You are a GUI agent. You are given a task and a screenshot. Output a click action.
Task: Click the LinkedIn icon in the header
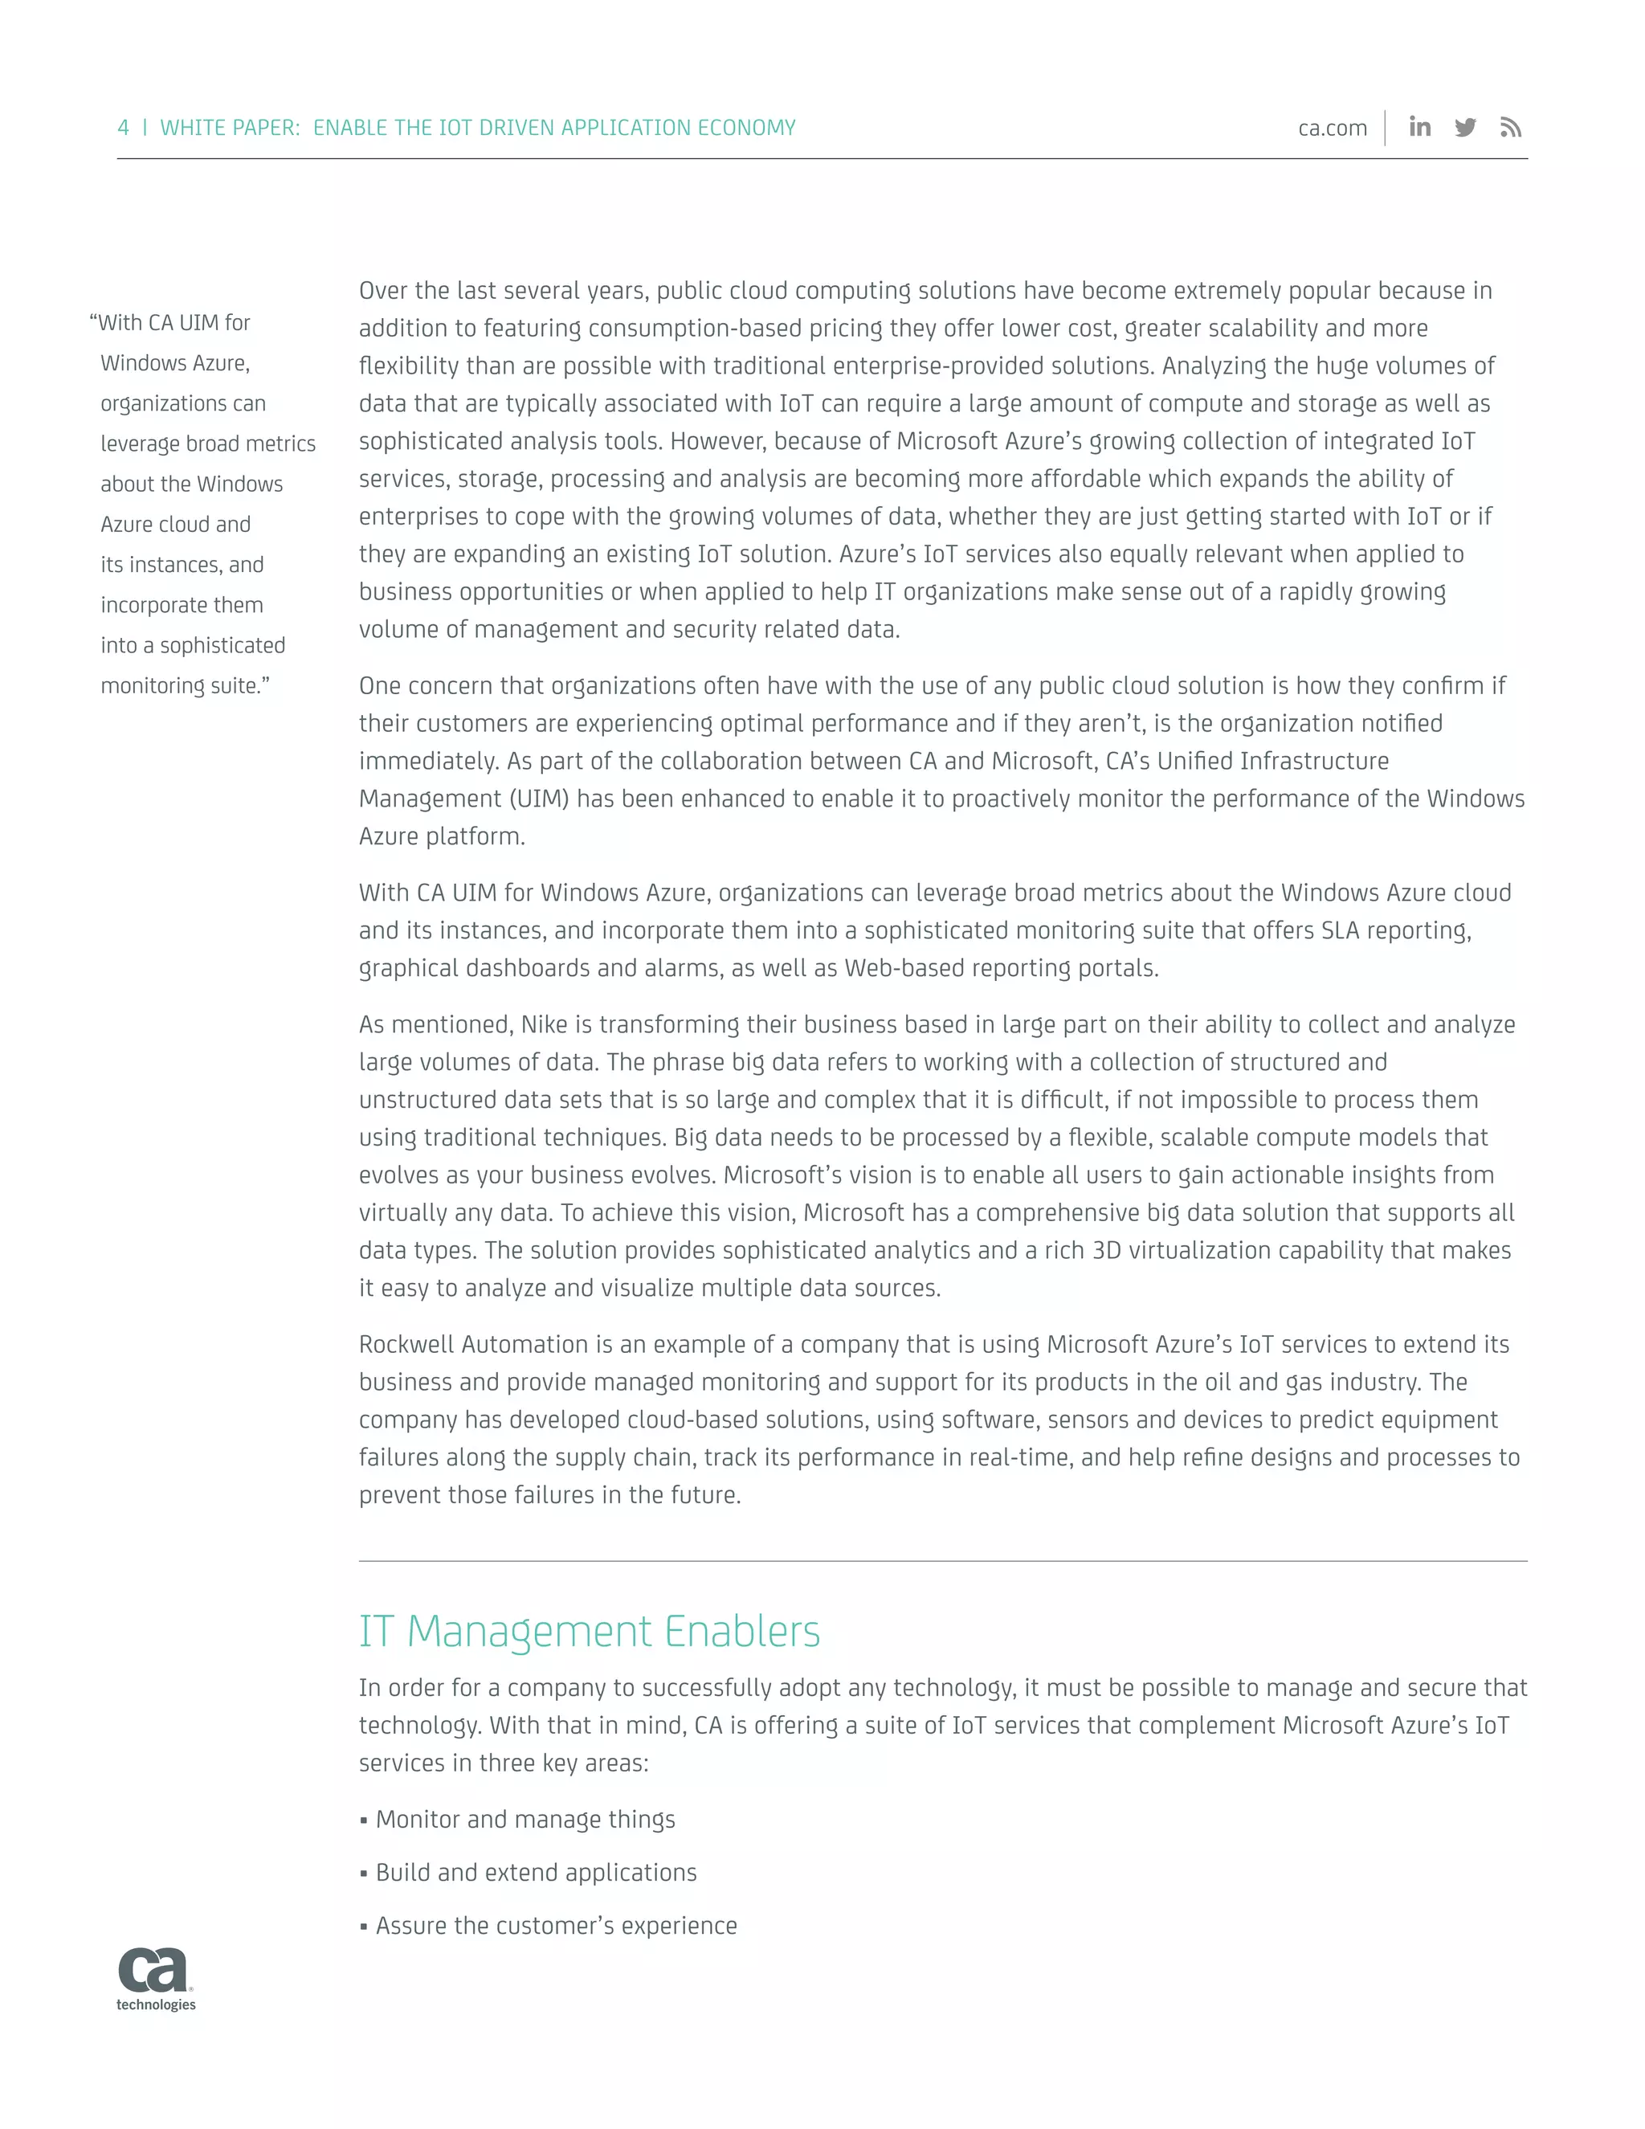(x=1420, y=127)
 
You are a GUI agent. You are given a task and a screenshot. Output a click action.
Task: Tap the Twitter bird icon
(x=1465, y=128)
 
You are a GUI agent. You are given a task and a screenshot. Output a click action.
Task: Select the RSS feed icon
(x=1511, y=128)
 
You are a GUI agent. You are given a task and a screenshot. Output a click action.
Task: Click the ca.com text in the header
(x=1333, y=129)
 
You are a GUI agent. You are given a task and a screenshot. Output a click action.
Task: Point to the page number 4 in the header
(x=123, y=128)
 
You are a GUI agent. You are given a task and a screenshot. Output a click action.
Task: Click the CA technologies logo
(x=156, y=1979)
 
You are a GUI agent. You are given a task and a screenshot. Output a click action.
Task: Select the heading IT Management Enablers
(x=589, y=1632)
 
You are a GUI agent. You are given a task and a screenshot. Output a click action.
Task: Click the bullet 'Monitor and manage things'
(x=525, y=1819)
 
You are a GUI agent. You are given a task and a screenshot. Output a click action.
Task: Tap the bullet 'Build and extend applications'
(x=535, y=1873)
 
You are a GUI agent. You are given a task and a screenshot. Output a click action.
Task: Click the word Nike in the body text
(x=544, y=1024)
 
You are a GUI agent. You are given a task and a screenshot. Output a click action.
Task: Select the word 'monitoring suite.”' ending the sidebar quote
(x=186, y=686)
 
